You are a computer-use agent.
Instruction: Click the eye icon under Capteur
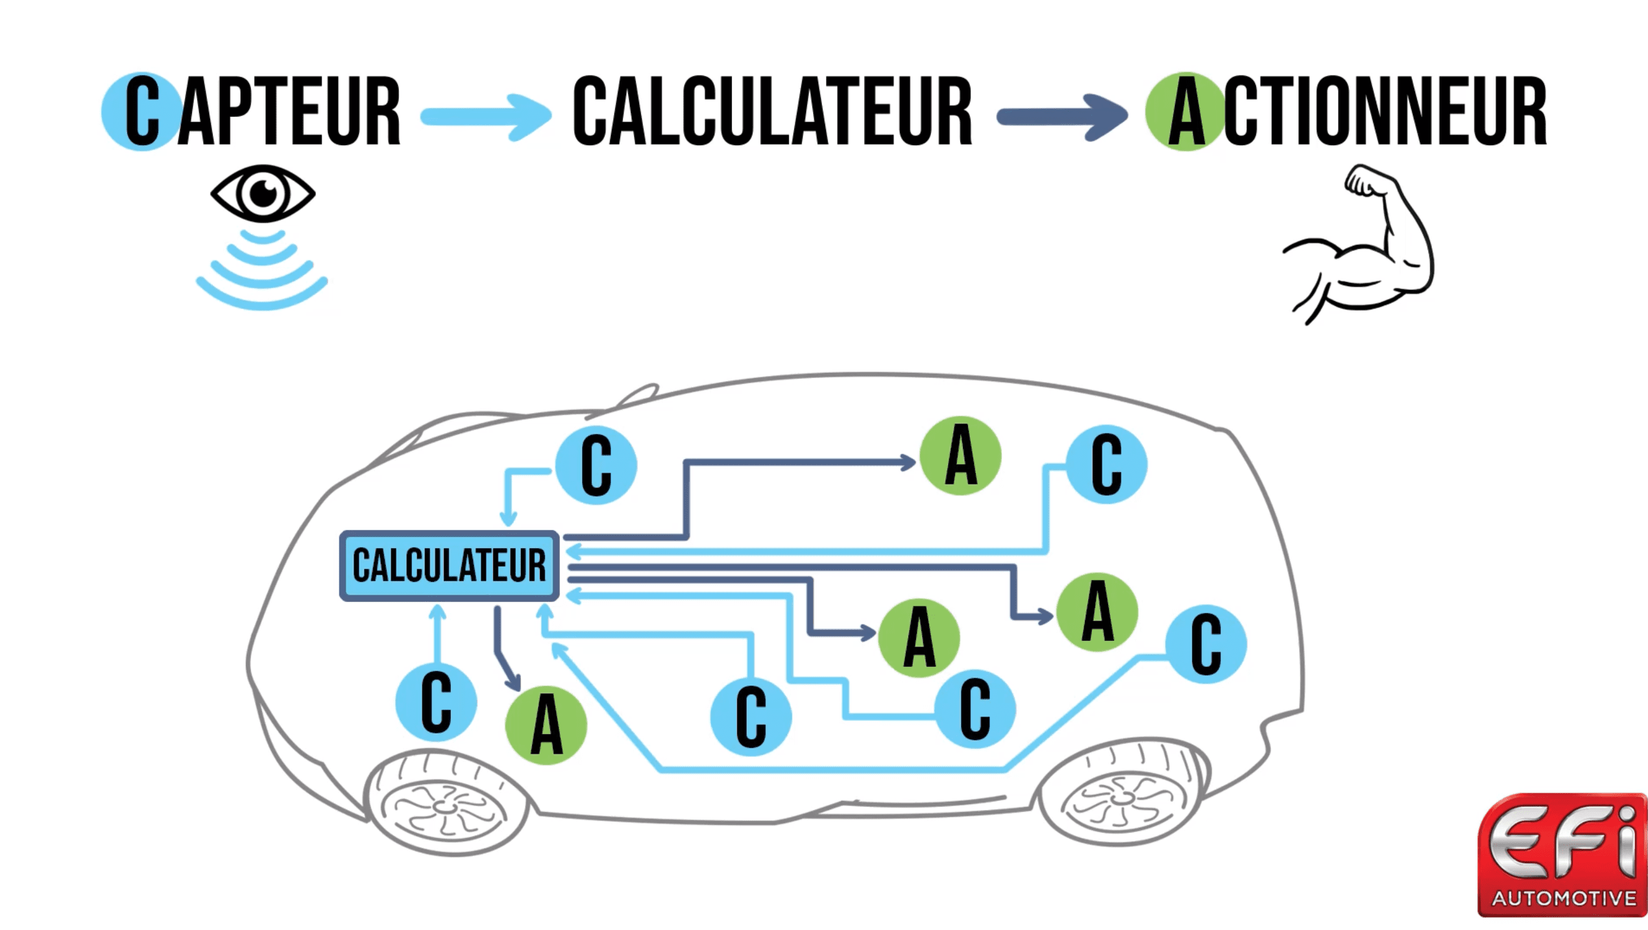click(263, 193)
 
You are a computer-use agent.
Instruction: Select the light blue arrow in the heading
click(487, 117)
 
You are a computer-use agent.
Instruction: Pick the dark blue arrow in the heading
click(1062, 117)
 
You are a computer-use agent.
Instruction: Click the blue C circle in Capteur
click(141, 112)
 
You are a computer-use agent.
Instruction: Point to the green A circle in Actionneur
click(1186, 112)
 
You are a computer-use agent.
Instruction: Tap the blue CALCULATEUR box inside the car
click(449, 566)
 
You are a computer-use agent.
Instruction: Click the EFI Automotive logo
click(1562, 855)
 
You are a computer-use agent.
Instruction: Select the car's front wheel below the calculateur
click(446, 804)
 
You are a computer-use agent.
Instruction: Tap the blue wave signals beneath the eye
click(262, 272)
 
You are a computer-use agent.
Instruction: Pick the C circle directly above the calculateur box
click(596, 465)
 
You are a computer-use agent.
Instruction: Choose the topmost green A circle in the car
click(960, 456)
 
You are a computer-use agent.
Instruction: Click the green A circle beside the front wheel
click(546, 725)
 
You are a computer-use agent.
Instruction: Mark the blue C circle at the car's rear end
click(1206, 644)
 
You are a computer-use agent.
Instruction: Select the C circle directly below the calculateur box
click(436, 702)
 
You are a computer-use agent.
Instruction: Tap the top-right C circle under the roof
click(1106, 464)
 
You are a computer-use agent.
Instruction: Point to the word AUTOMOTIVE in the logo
click(1564, 898)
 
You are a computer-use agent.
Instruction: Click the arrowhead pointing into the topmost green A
click(908, 462)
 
